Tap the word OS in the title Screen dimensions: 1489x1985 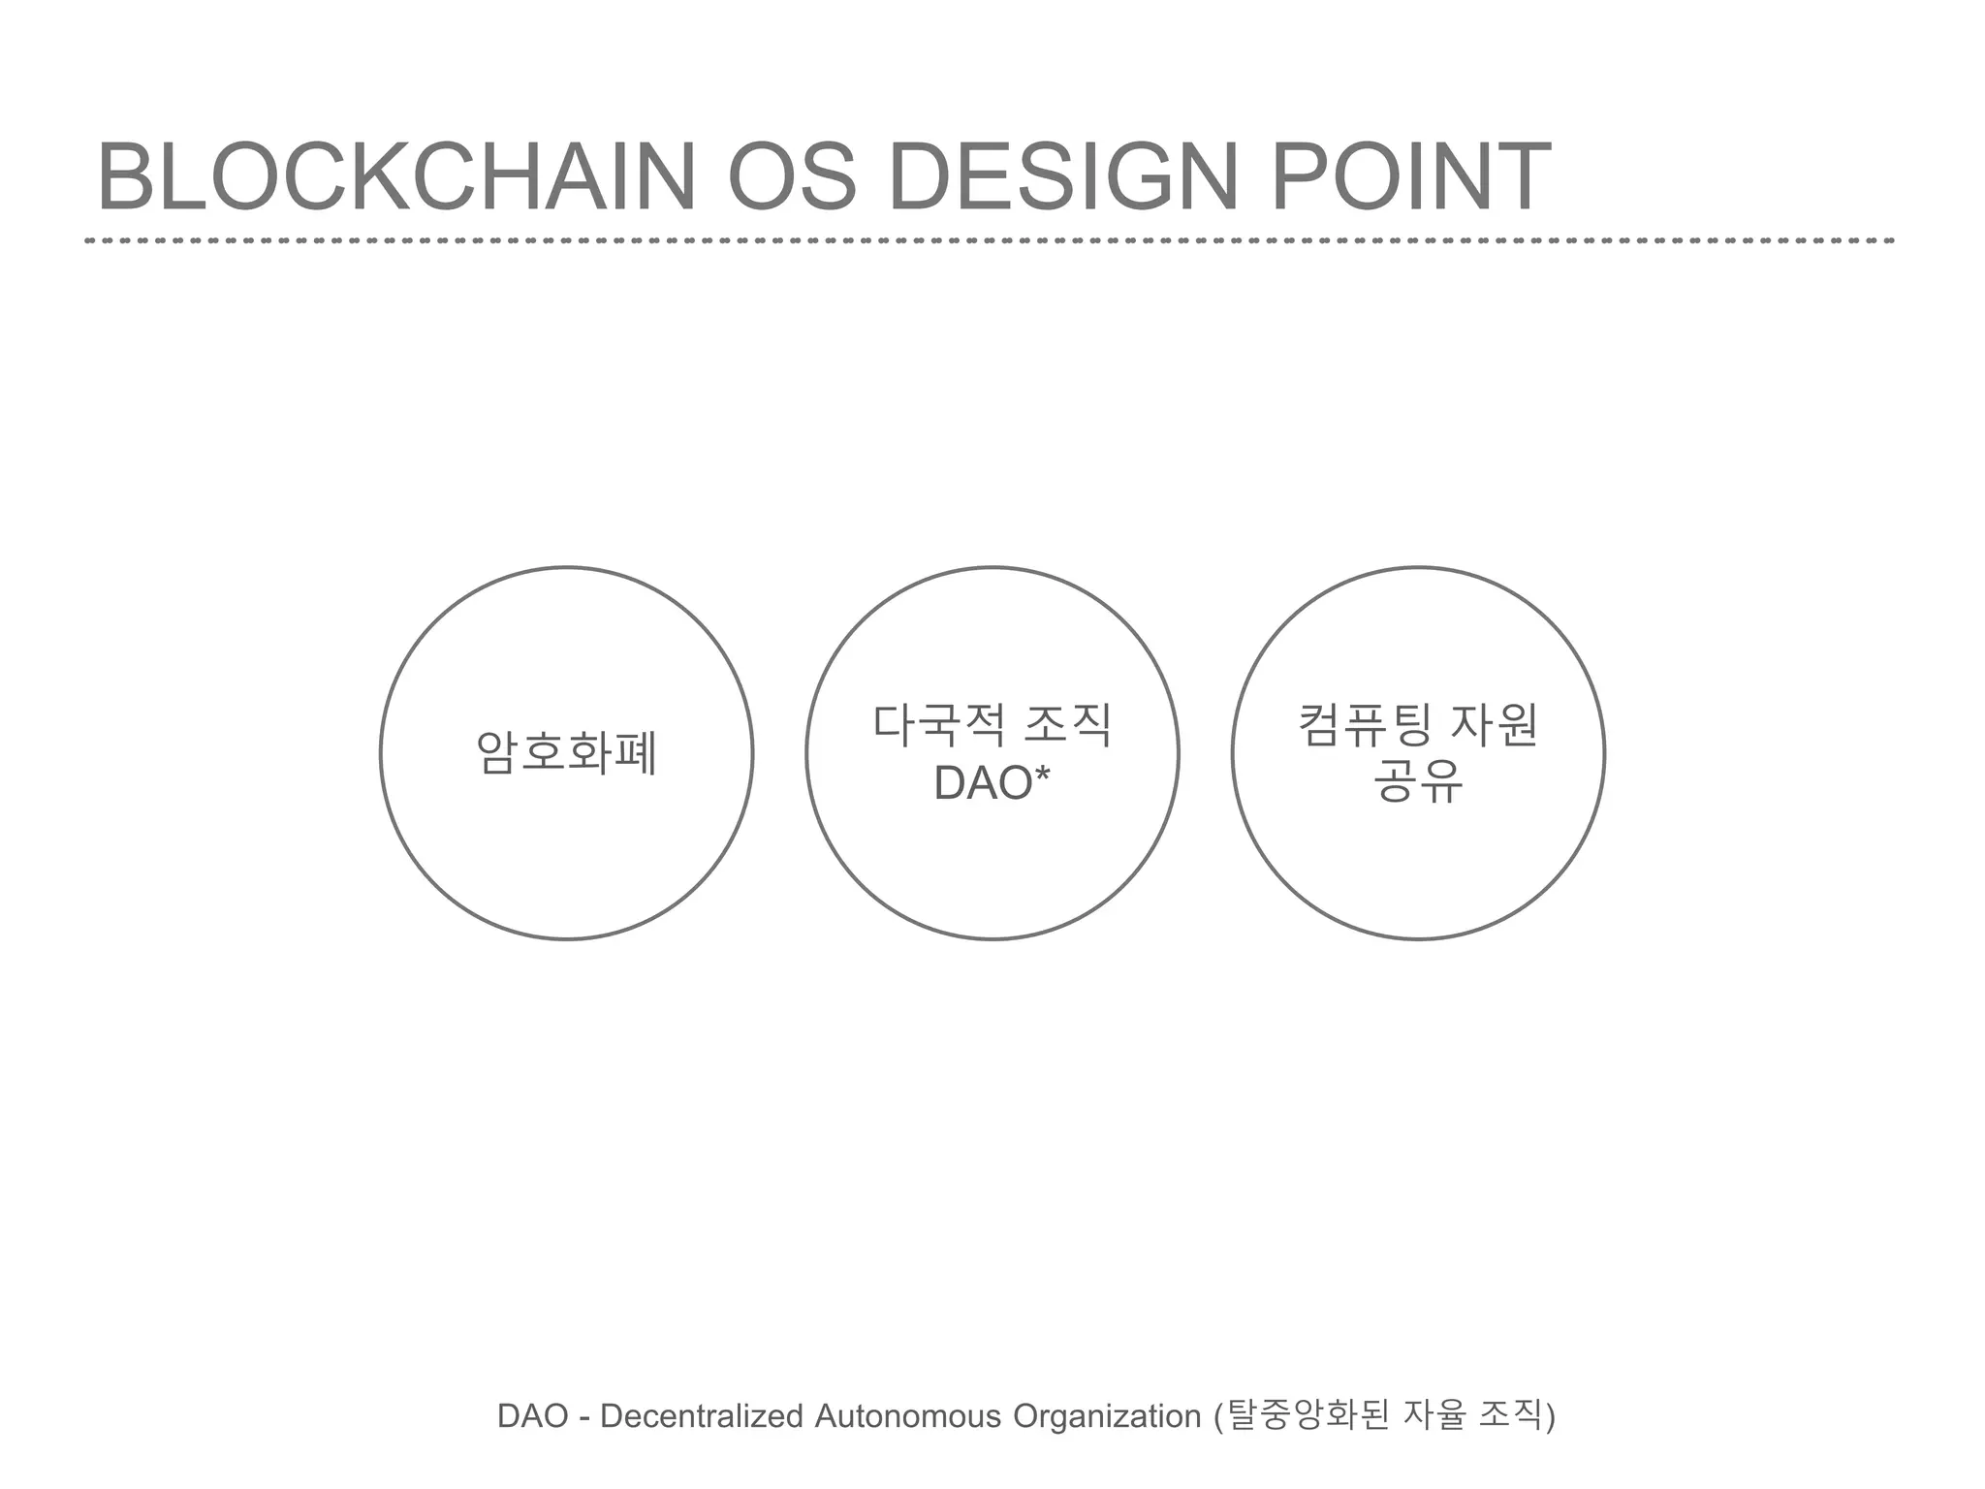[x=792, y=176]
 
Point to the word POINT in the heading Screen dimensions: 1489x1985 [x=1409, y=176]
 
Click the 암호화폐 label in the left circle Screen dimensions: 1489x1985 [x=567, y=753]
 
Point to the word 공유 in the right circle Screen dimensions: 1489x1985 [x=1418, y=783]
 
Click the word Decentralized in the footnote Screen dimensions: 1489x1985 [x=702, y=1416]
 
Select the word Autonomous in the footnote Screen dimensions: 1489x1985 [x=908, y=1416]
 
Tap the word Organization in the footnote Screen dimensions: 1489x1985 [x=1107, y=1416]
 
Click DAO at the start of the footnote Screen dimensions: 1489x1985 [x=532, y=1416]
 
